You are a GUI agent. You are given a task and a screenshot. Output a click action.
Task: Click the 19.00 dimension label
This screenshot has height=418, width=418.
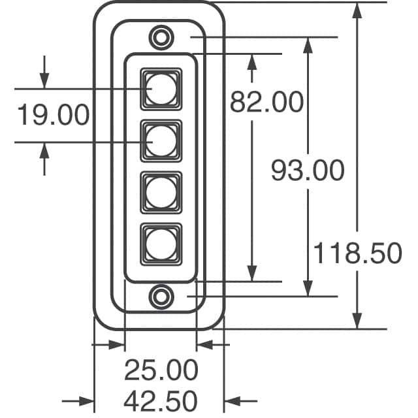[52, 115]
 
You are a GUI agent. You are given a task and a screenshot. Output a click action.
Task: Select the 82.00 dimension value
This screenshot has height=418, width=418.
[267, 102]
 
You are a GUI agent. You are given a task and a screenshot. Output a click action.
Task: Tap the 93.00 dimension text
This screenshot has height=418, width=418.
[308, 171]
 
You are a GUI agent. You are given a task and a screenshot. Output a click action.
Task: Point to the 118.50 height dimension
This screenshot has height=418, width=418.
[357, 253]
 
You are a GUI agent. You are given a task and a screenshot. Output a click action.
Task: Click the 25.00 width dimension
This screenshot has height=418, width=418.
[161, 370]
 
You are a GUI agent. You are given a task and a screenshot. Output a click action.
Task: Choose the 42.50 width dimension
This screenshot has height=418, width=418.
[161, 400]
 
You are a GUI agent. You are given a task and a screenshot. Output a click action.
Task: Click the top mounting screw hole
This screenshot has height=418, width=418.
[160, 37]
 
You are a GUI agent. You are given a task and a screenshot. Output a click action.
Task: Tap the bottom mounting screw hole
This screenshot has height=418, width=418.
[160, 297]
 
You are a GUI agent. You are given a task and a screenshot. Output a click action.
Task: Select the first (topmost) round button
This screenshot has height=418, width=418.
[160, 88]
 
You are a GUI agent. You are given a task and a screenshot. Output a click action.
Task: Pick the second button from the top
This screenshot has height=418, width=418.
[160, 140]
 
